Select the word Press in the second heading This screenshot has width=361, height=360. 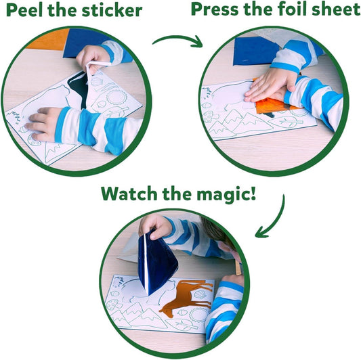click(x=217, y=10)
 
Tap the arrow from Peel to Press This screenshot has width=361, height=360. click(x=177, y=41)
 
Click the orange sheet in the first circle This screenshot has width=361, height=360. click(x=51, y=39)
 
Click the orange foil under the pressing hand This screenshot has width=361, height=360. click(x=274, y=106)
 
